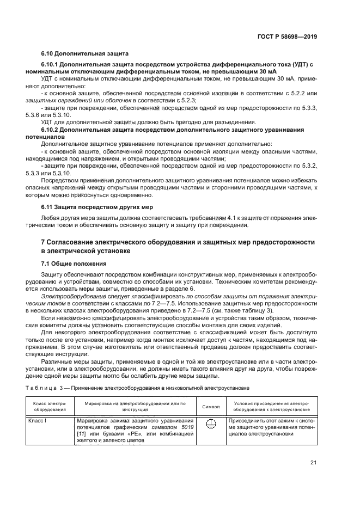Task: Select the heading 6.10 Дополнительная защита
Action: (x=84, y=54)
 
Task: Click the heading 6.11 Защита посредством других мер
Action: (x=97, y=207)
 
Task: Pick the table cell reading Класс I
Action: (x=38, y=420)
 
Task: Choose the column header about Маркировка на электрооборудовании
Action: (x=136, y=406)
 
